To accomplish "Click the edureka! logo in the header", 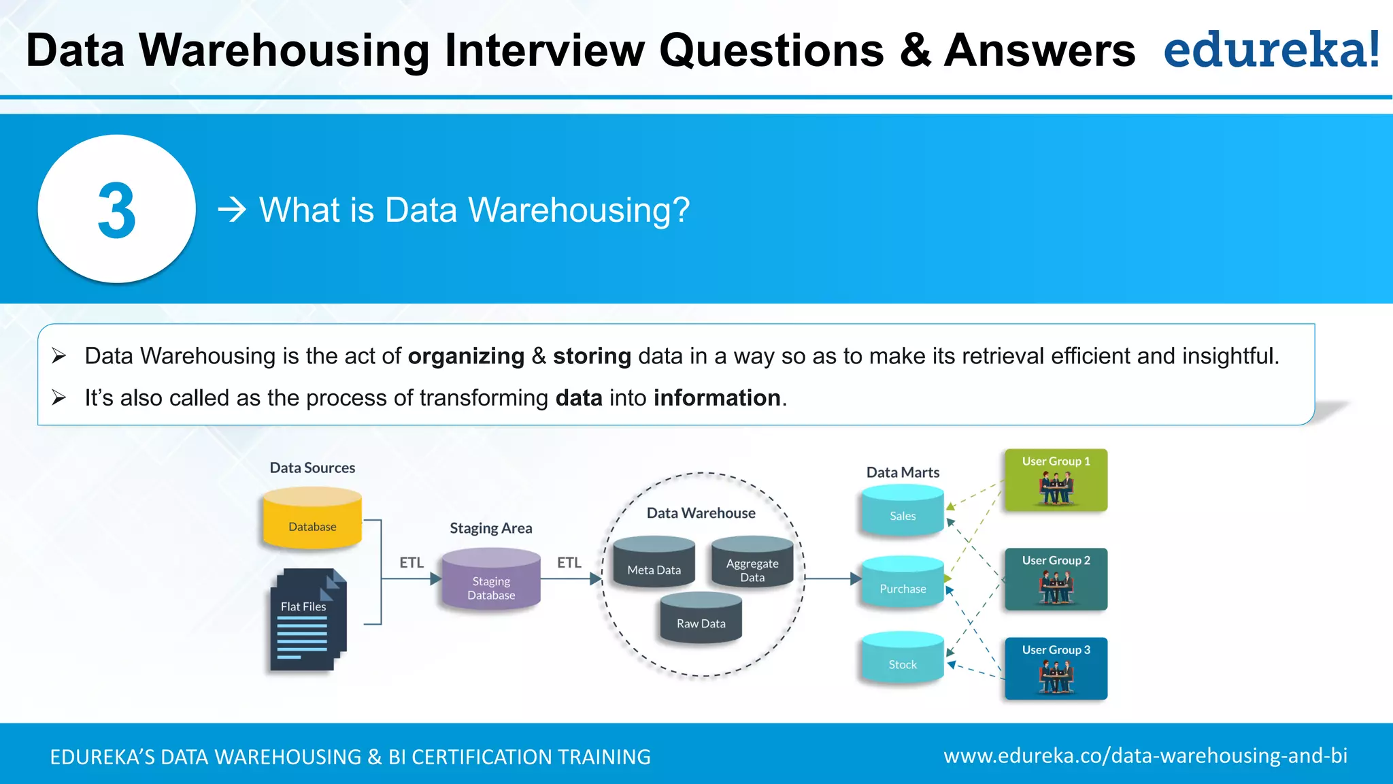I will tap(1271, 50).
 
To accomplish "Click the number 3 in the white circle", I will tap(117, 210).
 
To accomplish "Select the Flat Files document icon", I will tap(308, 619).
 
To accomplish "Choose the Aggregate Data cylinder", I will tap(752, 563).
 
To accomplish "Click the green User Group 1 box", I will tap(1056, 480).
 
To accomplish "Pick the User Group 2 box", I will tap(1056, 579).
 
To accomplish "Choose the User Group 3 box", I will tap(1056, 668).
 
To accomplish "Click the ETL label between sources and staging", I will tap(412, 563).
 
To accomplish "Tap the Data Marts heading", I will tap(903, 472).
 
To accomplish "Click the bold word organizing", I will tap(466, 356).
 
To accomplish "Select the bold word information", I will tap(717, 398).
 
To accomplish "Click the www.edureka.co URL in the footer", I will tap(1145, 756).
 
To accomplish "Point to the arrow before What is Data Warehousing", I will tap(232, 210).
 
